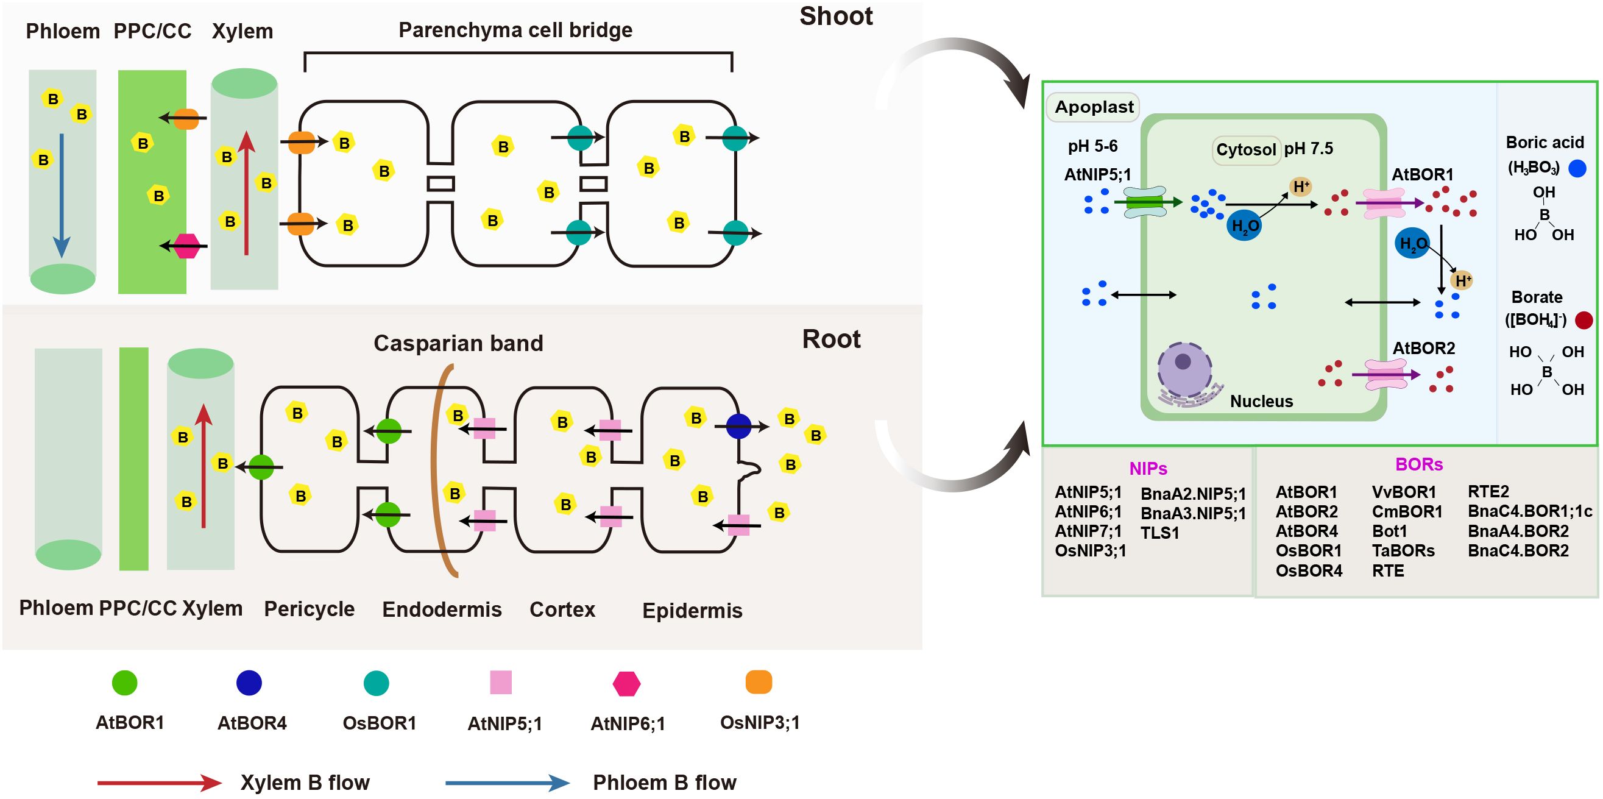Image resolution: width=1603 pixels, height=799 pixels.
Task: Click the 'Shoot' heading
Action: (836, 16)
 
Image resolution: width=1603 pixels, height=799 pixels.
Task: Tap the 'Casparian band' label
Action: (458, 343)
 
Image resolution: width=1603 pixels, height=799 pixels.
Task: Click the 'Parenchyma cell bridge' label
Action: (515, 30)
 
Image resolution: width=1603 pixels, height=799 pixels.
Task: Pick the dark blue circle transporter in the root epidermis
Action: (738, 426)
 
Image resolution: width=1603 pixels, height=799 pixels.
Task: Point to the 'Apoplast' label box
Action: (1094, 107)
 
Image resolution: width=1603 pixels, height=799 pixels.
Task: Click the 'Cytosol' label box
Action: (1246, 149)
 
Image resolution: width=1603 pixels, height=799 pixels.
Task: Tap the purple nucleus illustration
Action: (1184, 371)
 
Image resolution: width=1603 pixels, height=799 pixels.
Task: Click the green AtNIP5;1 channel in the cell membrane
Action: (1145, 202)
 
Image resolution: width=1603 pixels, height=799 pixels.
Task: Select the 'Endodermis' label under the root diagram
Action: (442, 609)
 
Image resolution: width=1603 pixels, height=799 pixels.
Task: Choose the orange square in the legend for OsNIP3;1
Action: (759, 682)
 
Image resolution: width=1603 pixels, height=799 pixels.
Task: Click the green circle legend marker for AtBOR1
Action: (124, 683)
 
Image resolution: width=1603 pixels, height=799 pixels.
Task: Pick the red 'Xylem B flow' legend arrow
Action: (159, 783)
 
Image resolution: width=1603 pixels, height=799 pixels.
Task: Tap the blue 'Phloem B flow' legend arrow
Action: (507, 783)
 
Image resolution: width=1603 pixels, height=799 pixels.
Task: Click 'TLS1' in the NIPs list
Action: (1159, 533)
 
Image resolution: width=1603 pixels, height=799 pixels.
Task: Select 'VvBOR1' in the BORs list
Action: (1404, 492)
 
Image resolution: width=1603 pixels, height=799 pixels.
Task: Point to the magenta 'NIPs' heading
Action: (1148, 468)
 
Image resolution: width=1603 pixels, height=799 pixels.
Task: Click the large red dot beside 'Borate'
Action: (1584, 321)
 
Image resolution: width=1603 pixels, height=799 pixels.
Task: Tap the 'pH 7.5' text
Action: (1309, 149)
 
